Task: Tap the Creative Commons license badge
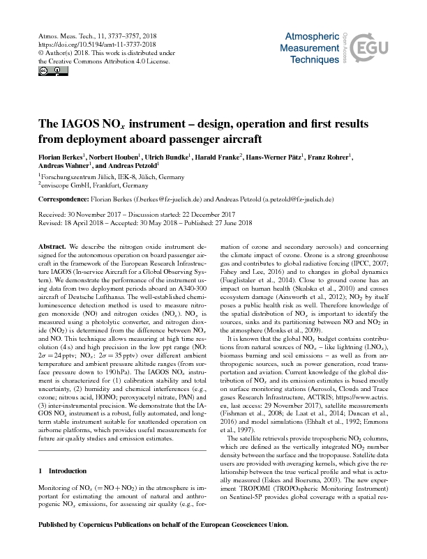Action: (43, 70)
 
